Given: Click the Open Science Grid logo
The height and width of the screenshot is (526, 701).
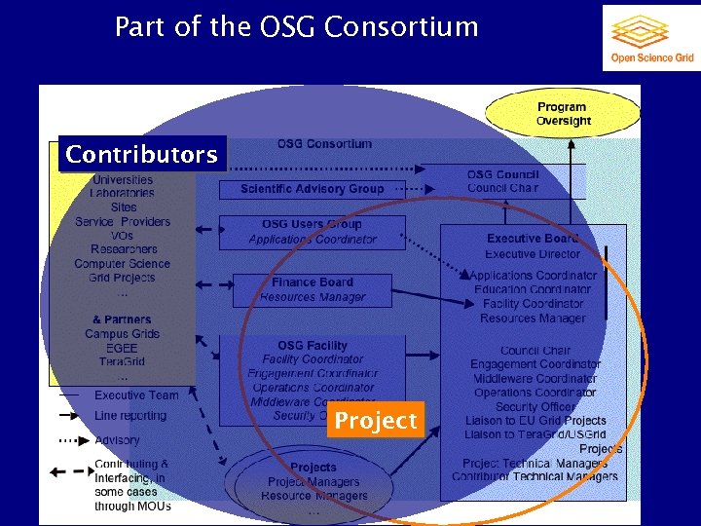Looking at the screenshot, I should (x=651, y=38).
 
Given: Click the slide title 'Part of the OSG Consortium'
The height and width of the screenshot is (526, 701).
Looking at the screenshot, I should (x=296, y=26).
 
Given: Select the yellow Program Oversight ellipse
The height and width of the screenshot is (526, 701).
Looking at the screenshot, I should (x=563, y=114).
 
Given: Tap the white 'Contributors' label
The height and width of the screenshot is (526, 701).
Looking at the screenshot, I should (x=141, y=155).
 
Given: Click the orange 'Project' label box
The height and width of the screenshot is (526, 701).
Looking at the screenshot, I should (x=376, y=421).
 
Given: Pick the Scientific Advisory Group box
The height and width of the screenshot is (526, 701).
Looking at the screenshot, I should (x=313, y=189).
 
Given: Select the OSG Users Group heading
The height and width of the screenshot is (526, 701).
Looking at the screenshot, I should (x=312, y=224).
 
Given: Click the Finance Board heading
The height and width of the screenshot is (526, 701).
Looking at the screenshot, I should (x=313, y=282).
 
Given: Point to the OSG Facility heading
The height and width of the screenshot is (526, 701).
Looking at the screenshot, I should (x=312, y=345).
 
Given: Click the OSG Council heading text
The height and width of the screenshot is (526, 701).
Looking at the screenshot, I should (x=502, y=174).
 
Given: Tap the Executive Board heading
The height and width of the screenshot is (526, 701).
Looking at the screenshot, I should (x=533, y=239).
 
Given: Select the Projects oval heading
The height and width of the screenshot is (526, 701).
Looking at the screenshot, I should (x=313, y=467).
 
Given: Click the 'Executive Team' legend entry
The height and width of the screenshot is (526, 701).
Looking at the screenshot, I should (x=136, y=395).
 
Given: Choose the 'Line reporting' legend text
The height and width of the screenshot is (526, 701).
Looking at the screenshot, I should (x=130, y=416).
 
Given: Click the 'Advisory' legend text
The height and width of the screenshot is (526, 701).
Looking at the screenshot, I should (x=117, y=440).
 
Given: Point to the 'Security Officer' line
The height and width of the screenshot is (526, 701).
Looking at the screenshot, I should (x=535, y=407).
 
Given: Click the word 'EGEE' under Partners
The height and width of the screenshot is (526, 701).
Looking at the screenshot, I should (x=122, y=348).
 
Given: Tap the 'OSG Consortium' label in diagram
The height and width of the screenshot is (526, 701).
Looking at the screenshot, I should (x=324, y=144).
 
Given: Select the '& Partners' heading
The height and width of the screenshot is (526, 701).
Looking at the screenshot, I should (x=122, y=319).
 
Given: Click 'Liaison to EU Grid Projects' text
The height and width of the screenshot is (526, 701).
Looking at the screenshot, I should (x=535, y=421).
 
